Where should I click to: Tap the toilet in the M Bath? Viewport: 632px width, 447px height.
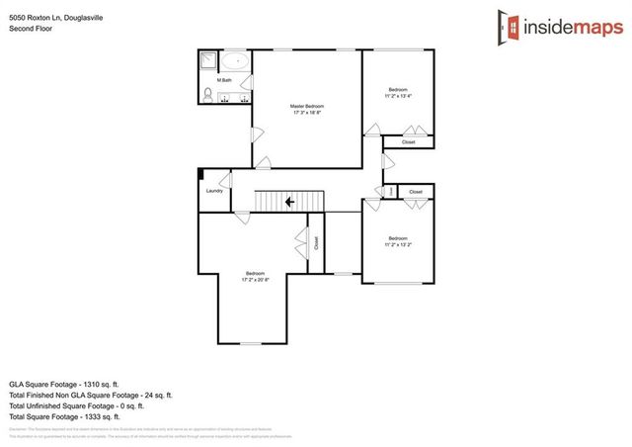[208, 95]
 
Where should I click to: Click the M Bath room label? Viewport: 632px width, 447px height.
[224, 80]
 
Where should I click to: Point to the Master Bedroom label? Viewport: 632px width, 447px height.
[307, 106]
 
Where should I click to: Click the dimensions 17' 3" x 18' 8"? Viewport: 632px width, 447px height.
[307, 113]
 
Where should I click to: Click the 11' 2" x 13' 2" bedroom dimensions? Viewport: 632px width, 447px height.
[397, 243]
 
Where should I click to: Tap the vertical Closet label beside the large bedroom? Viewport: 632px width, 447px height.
[316, 241]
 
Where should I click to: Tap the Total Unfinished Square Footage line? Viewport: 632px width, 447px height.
[76, 404]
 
